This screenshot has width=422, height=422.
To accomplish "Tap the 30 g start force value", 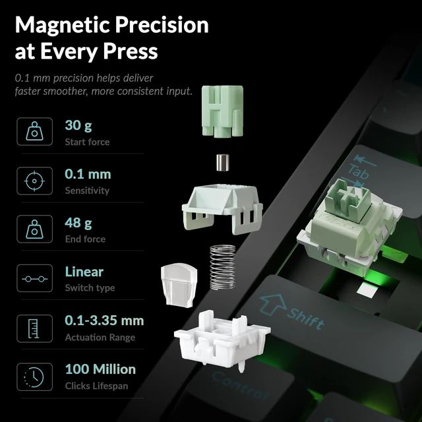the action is (78, 125).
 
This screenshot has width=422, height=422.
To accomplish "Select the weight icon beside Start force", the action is (34, 131).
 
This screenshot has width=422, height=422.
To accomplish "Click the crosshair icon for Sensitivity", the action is (34, 181).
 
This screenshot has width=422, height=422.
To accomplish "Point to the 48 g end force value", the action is (78, 223).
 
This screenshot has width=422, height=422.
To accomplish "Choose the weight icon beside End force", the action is (34, 229).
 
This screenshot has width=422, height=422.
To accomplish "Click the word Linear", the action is (84, 272).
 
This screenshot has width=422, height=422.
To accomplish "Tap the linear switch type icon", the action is (34, 279).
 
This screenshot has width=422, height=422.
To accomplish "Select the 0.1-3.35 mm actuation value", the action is (104, 320).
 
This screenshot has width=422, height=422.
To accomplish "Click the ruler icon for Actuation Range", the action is (34, 328).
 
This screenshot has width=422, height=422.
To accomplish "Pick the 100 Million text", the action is (100, 369).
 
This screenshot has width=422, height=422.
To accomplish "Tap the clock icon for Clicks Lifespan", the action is (34, 377).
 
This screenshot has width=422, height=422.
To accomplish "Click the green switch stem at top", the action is (223, 111).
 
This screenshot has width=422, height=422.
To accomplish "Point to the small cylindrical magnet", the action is (223, 162).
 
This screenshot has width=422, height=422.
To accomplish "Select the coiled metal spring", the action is (223, 267).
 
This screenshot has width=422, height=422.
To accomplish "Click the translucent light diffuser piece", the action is (179, 285).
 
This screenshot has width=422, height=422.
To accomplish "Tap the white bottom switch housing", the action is (222, 340).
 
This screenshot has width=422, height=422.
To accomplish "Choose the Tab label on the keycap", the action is (359, 171).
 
